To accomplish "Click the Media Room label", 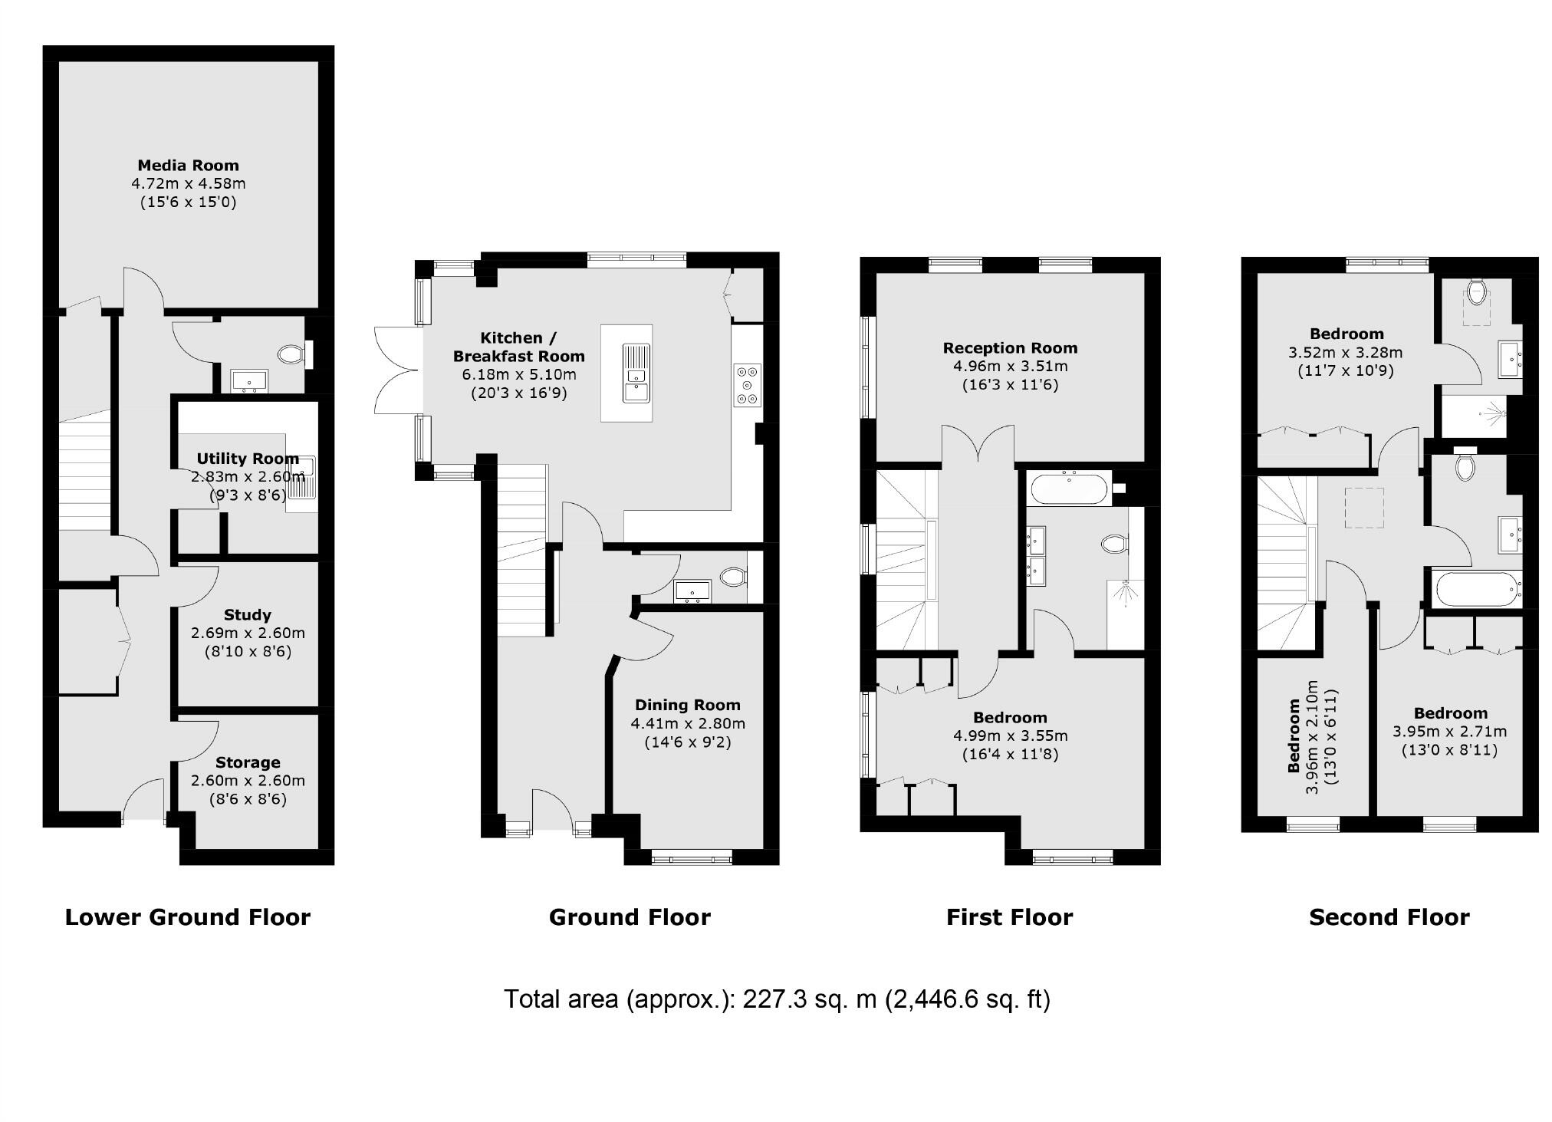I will pos(188,165).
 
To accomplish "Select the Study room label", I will pos(247,614).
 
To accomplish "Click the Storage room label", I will pos(247,762).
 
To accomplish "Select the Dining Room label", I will pos(687,705).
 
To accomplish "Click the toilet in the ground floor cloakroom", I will pos(733,575).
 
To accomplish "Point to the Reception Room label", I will pos(1010,347).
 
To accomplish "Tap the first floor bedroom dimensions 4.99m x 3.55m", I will pos(1010,736).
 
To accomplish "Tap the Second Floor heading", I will pos(1389,917).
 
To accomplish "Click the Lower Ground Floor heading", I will pos(188,917).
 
